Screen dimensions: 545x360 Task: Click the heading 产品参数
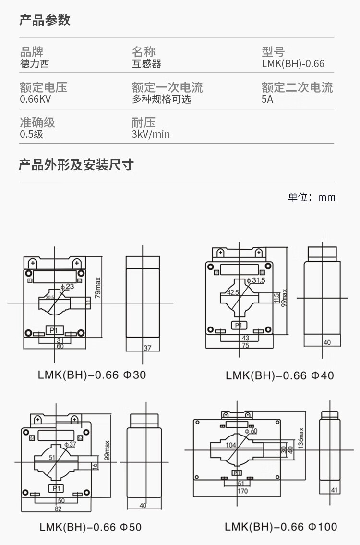(x=45, y=20)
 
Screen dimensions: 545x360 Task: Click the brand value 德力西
(x=34, y=63)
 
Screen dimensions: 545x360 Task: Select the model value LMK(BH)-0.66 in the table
(x=293, y=64)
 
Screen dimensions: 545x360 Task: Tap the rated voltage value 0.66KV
(x=36, y=99)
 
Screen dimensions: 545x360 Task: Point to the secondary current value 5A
(x=267, y=99)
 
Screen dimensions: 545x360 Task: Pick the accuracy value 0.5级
(x=32, y=134)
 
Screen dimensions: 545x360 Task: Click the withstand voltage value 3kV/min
(x=151, y=134)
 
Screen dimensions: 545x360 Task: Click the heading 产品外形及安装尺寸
(x=76, y=165)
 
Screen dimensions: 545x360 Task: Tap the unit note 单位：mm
(x=312, y=197)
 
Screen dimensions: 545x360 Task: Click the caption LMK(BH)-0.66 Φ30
(x=92, y=375)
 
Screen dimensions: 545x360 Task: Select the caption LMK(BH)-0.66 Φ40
(x=280, y=375)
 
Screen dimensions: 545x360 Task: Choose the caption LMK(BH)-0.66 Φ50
(x=90, y=527)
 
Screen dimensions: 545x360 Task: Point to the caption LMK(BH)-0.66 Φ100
(x=281, y=527)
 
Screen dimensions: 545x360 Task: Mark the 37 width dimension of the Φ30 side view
(x=147, y=348)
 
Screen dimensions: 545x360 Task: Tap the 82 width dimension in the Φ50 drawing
(x=58, y=509)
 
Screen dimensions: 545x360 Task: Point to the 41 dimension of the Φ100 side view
(x=335, y=490)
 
